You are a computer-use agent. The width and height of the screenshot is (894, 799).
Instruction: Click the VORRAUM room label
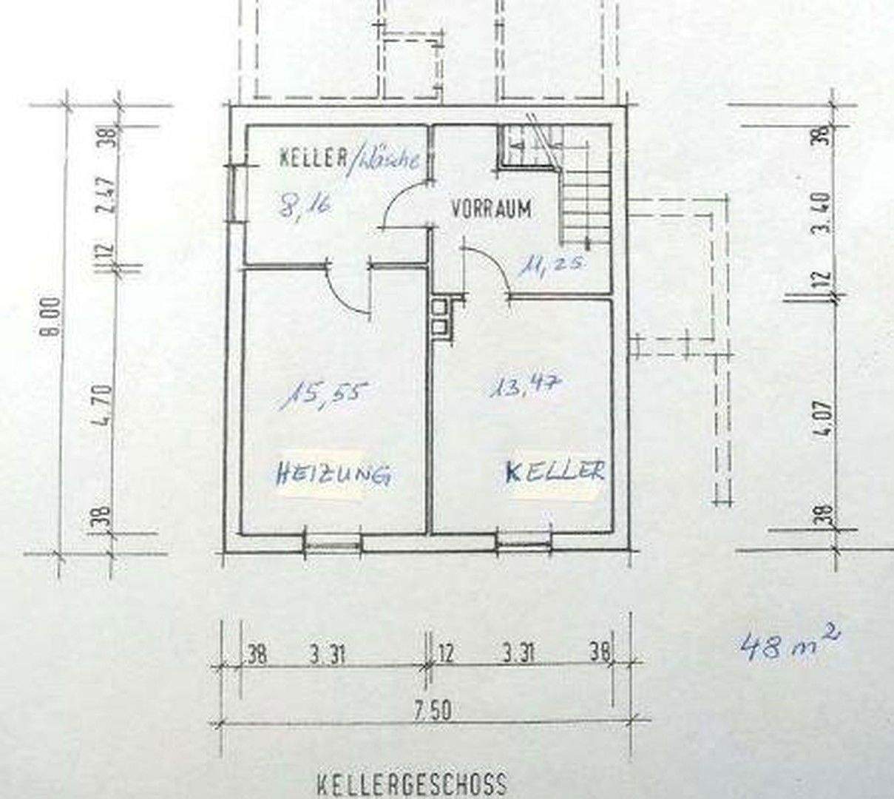[491, 209]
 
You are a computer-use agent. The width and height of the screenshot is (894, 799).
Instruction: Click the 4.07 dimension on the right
[826, 419]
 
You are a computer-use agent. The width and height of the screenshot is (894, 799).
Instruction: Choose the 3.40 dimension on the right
[826, 212]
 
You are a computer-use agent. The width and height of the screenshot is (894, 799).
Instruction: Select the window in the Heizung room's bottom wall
[333, 544]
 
